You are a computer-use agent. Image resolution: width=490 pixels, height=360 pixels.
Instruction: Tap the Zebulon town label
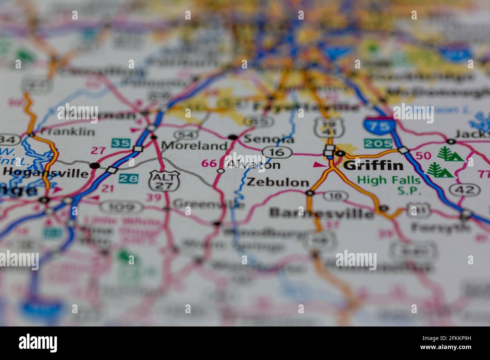pyautogui.click(x=277, y=182)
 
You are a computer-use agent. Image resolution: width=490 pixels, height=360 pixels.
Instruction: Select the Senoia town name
pyautogui.click(x=268, y=139)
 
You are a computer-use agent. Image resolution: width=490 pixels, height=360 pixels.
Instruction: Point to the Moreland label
pyautogui.click(x=194, y=145)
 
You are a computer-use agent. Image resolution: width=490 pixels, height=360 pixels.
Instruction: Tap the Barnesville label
pyautogui.click(x=321, y=213)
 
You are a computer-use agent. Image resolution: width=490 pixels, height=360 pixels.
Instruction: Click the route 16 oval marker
pyautogui.click(x=277, y=152)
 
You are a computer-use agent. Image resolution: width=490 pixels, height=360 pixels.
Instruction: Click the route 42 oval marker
pyautogui.click(x=464, y=189)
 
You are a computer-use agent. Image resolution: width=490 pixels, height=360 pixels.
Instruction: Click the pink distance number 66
pyautogui.click(x=208, y=163)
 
